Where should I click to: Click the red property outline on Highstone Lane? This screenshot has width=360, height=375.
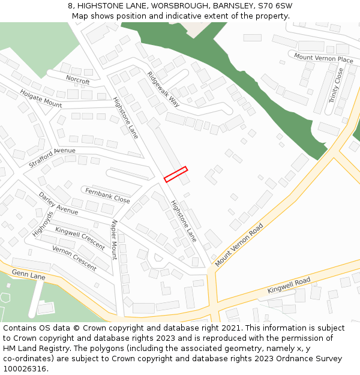(x=176, y=174)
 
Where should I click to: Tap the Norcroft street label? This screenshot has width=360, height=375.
(x=78, y=80)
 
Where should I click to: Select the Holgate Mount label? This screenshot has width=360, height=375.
(x=41, y=98)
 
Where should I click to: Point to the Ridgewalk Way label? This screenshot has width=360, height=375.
(x=163, y=89)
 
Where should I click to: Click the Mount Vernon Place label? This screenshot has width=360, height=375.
(x=323, y=59)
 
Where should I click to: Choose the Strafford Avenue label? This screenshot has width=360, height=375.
(x=52, y=158)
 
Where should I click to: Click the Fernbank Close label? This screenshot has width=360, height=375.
(x=107, y=195)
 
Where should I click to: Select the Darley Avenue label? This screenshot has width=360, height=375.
(x=58, y=203)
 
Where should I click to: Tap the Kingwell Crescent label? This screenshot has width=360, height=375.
(x=80, y=238)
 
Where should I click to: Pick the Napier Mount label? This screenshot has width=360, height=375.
(x=114, y=239)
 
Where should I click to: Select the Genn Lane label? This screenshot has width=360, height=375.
(x=29, y=275)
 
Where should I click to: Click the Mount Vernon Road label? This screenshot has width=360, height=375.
(x=239, y=245)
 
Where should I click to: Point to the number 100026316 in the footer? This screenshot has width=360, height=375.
(x=24, y=369)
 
